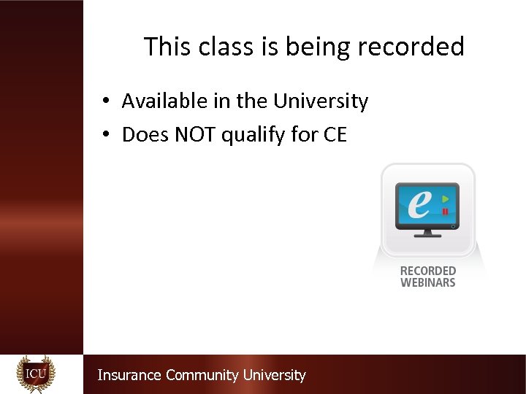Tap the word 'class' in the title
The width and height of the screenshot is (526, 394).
tap(213, 47)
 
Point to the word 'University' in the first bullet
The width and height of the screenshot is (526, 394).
tap(321, 101)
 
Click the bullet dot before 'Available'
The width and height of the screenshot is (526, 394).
tap(106, 101)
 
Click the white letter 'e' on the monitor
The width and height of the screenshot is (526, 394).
tap(419, 204)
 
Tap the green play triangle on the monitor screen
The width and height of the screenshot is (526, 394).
tap(445, 198)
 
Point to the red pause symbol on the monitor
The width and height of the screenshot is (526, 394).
tap(445, 212)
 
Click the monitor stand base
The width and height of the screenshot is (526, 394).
tap(427, 235)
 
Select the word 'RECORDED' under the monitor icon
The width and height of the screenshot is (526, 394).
tap(428, 271)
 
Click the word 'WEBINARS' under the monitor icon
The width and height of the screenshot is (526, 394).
tap(428, 282)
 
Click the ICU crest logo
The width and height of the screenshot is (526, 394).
tap(36, 374)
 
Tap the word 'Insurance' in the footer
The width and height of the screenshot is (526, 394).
tap(129, 375)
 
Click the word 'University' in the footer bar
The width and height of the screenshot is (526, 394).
tap(274, 375)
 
